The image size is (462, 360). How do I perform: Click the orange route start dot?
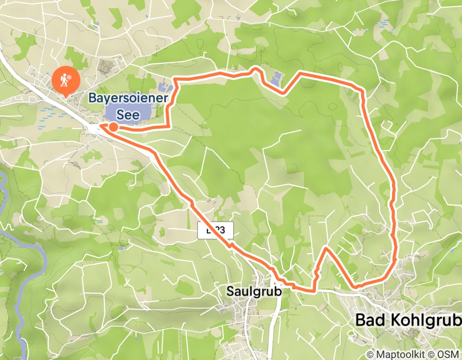point(113,126)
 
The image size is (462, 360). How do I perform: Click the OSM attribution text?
point(448,354)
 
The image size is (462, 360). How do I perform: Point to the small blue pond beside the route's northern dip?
point(276,79)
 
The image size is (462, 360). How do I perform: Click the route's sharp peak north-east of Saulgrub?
point(326,248)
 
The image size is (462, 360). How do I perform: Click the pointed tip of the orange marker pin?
point(66,95)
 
